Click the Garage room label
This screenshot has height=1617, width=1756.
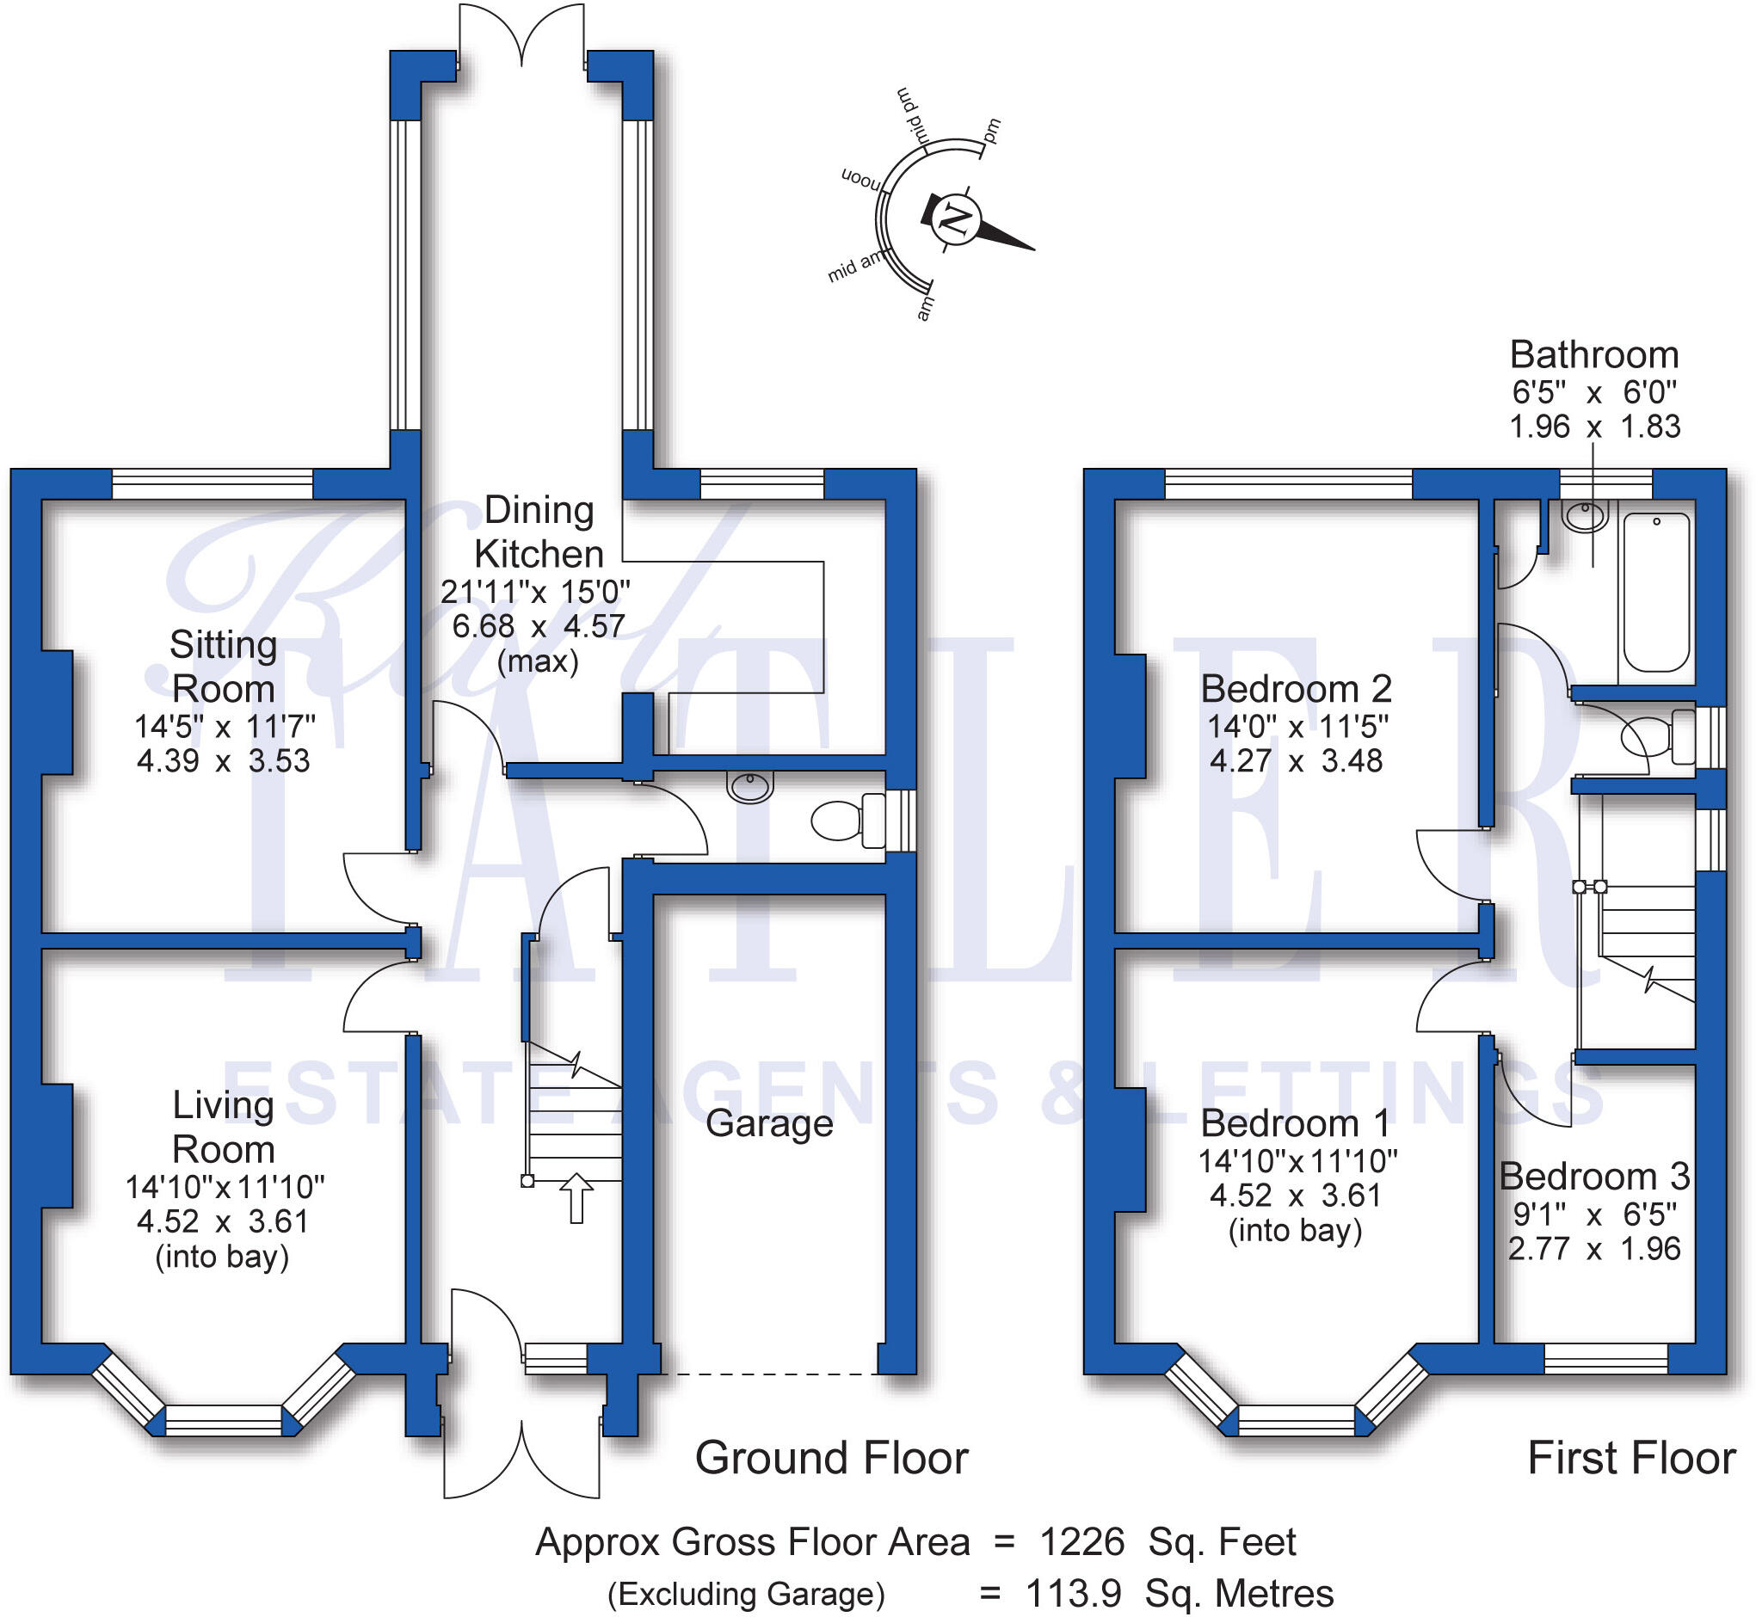(x=768, y=1122)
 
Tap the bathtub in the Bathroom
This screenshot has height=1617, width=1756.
(x=1655, y=593)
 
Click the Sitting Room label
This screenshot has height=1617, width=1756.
(x=223, y=667)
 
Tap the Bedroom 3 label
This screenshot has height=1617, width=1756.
(x=1593, y=1176)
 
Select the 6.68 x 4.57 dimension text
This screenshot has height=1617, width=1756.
(x=539, y=626)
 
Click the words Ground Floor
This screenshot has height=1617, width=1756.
(x=831, y=1458)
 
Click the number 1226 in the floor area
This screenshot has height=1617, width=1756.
(x=1081, y=1542)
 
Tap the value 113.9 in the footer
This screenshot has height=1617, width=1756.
(x=1072, y=1594)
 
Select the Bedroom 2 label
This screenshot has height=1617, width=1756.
(x=1296, y=689)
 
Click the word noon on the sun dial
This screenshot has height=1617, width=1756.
(x=861, y=180)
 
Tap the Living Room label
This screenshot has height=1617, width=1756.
(x=223, y=1127)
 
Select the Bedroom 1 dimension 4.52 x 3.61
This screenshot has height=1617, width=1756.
(x=1296, y=1196)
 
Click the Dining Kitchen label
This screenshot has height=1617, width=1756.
(x=539, y=532)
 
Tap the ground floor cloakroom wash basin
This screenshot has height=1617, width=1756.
(x=750, y=788)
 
